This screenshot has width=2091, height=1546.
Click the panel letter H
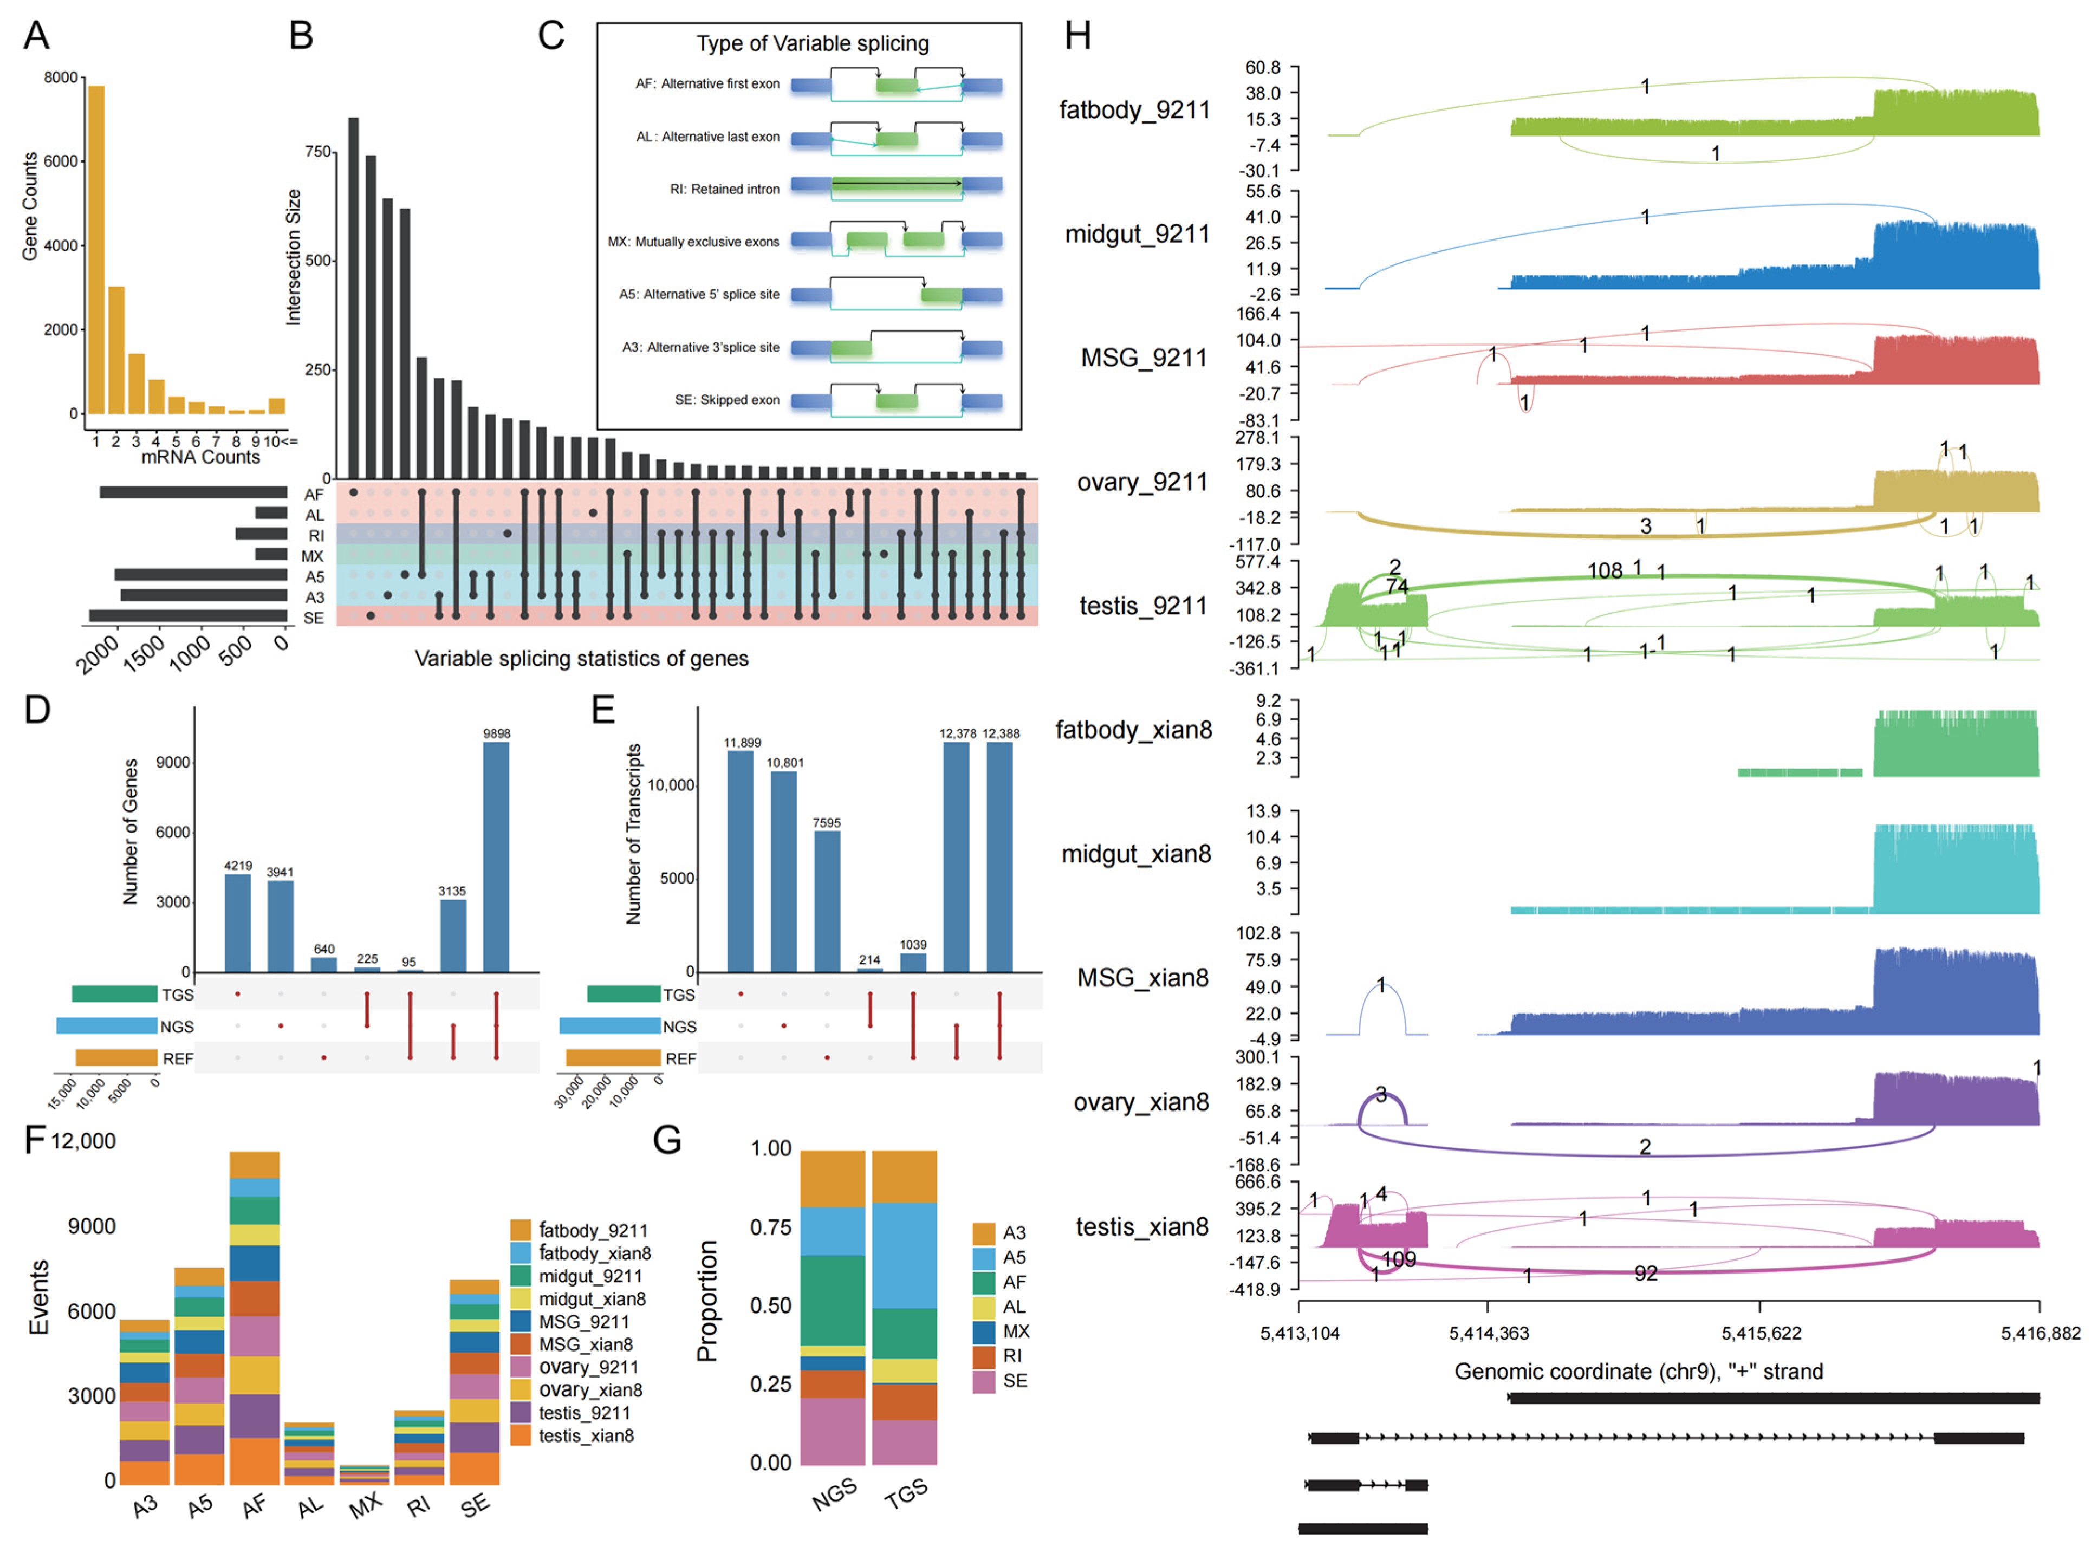(1077, 36)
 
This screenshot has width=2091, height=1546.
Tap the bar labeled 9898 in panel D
(496, 856)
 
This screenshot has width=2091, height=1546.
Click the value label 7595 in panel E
(827, 823)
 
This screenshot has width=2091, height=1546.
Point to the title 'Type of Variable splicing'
(813, 43)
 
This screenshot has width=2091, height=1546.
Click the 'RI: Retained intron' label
(724, 189)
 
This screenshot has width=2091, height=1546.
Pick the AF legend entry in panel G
(1014, 1282)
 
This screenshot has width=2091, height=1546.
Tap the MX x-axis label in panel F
(365, 1504)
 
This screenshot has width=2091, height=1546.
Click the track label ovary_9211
(1142, 482)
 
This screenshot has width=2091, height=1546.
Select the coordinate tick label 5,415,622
(1761, 1333)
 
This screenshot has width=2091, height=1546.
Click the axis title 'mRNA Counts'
(200, 457)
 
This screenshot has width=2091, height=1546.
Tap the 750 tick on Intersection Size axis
(318, 152)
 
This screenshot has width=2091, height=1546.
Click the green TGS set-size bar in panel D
(114, 994)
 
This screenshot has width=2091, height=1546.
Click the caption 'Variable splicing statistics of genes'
(581, 659)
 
